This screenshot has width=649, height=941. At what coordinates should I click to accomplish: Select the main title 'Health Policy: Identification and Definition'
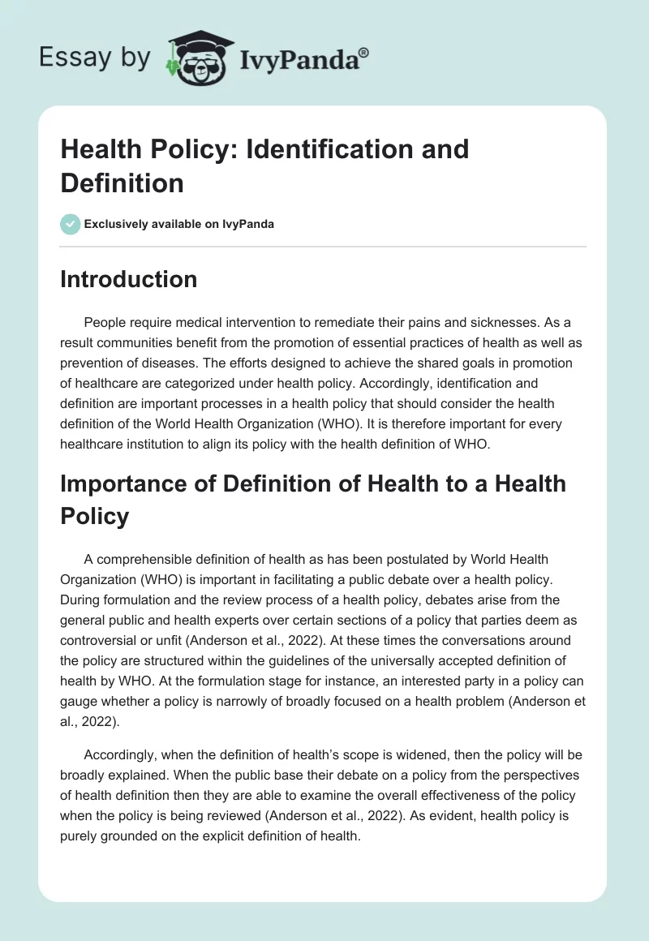[264, 165]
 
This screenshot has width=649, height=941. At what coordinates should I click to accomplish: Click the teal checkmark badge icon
[70, 224]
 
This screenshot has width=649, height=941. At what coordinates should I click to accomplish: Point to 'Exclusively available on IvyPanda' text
[179, 224]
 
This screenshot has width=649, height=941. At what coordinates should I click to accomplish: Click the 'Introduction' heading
[129, 279]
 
